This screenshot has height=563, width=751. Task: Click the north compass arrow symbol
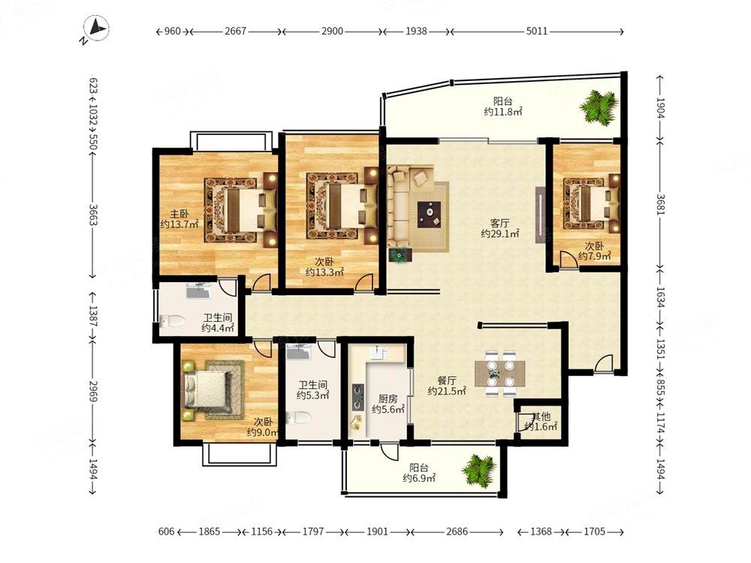point(96,29)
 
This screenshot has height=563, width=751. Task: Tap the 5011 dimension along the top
point(536,31)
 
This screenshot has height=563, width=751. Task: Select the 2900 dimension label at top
point(332,31)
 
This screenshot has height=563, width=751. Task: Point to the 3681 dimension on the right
point(660,204)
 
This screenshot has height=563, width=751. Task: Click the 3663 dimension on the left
point(93,215)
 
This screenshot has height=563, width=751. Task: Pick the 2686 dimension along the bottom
point(457,531)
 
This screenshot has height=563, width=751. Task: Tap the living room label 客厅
point(499,223)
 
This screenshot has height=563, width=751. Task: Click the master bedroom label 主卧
point(179,213)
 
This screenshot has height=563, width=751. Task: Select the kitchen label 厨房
point(388,399)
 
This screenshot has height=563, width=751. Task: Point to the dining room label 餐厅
point(447,381)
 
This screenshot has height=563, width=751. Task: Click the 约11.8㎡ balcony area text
point(503,112)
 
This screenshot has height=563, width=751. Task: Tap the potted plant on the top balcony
point(599,107)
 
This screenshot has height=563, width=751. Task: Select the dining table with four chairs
point(500,374)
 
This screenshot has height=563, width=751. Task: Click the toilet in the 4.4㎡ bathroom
point(173,321)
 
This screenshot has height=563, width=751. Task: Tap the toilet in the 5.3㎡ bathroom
point(298,417)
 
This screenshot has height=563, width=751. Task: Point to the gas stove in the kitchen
point(357,397)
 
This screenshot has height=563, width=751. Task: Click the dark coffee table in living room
point(430,215)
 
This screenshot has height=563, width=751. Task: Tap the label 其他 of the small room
point(541,417)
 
